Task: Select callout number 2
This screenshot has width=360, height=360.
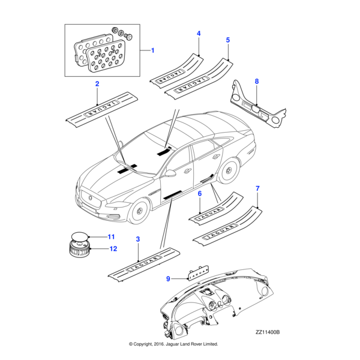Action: pyautogui.click(x=97, y=85)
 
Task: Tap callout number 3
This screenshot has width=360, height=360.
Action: pyautogui.click(x=138, y=239)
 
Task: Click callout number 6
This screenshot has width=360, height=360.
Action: pyautogui.click(x=200, y=193)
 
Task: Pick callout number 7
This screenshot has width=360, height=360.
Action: pyautogui.click(x=257, y=189)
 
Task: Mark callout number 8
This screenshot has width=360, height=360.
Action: pyautogui.click(x=257, y=81)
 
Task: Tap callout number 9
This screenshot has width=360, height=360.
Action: pyautogui.click(x=169, y=278)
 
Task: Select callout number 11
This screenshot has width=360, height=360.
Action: pyautogui.click(x=111, y=238)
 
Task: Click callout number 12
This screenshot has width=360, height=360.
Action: pyautogui.click(x=112, y=248)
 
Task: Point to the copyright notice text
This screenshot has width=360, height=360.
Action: pyautogui.click(x=173, y=344)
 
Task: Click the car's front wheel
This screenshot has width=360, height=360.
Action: pyautogui.click(x=139, y=210)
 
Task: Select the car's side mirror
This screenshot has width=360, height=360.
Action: pyautogui.click(x=171, y=173)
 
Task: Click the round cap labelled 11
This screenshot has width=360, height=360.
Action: pyautogui.click(x=78, y=236)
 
